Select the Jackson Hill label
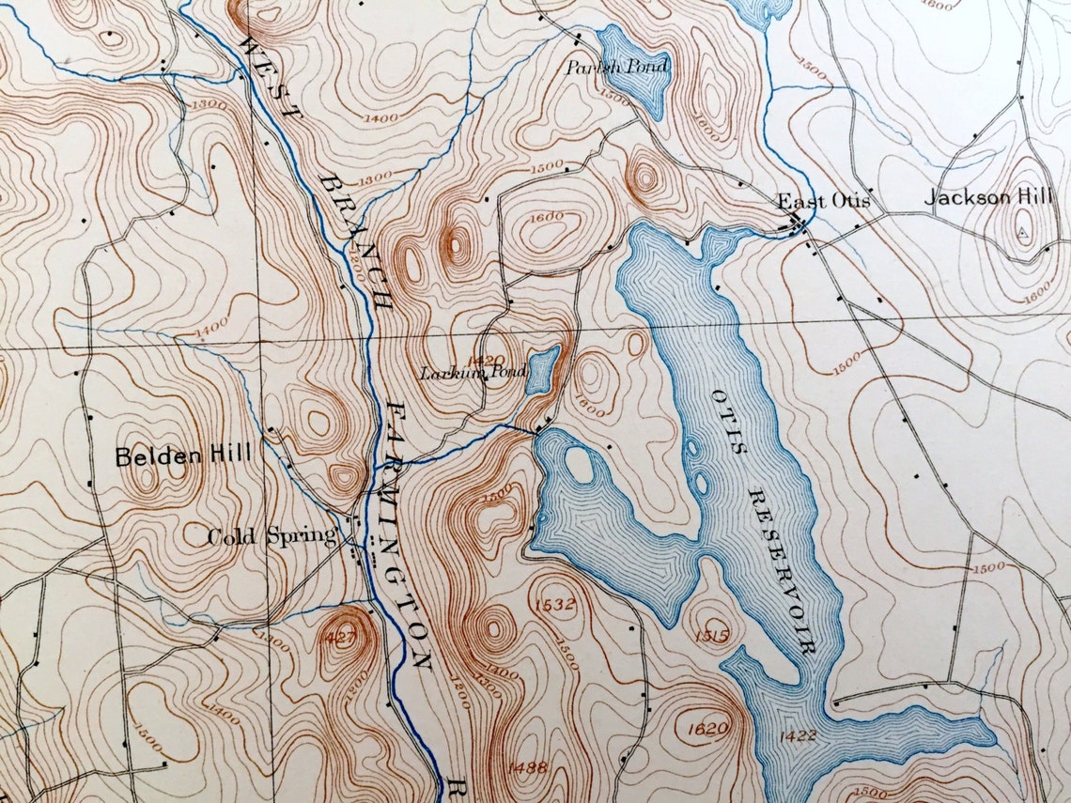tap(988, 198)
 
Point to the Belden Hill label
tap(183, 457)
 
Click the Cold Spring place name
tap(272, 537)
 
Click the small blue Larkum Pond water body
tap(542, 369)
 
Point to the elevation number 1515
tap(713, 636)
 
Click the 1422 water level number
tap(797, 735)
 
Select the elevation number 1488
tap(527, 768)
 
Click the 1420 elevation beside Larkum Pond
tap(489, 360)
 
